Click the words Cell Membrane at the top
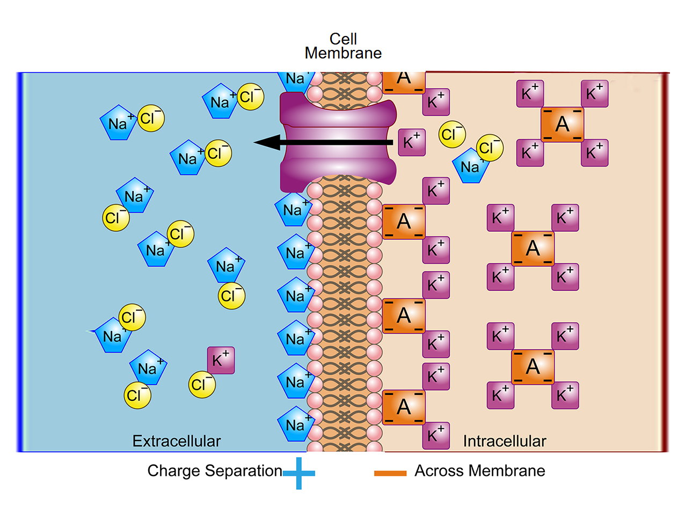(343, 46)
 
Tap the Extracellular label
(177, 441)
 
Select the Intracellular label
(504, 441)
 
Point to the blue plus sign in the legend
(298, 472)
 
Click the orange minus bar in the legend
(390, 473)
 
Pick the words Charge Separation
(215, 471)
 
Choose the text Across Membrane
(479, 471)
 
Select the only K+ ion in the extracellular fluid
(221, 360)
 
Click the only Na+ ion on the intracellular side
(470, 166)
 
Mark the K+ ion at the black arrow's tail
(412, 142)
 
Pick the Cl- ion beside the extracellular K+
(202, 384)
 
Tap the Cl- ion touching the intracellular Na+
(490, 148)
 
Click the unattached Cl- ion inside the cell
(452, 134)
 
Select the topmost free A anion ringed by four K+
(562, 124)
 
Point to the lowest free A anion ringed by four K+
(533, 366)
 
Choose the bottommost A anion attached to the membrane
(404, 407)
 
